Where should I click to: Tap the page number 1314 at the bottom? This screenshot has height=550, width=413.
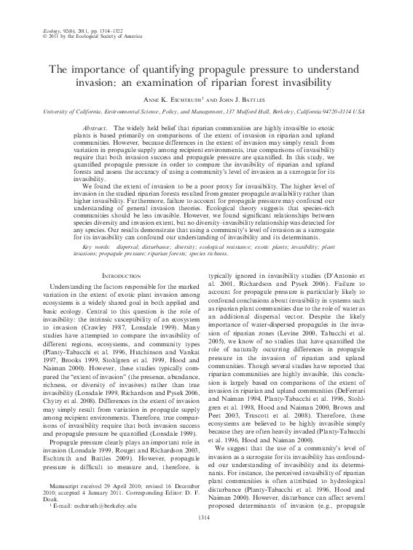(x=207, y=537)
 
